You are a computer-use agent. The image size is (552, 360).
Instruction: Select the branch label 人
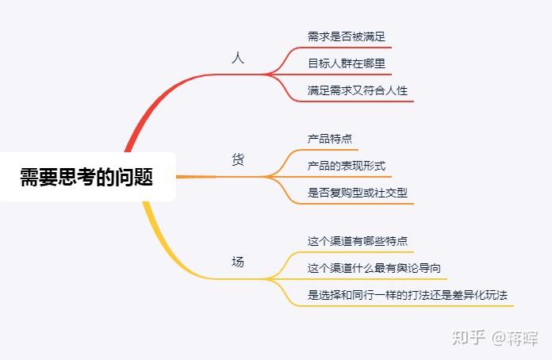[237, 59]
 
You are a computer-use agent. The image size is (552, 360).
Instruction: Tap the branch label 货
[237, 160]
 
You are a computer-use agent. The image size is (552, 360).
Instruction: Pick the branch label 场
[237, 262]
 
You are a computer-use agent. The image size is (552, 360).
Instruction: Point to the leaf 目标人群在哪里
[347, 63]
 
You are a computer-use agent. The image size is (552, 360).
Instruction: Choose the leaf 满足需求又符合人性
[358, 90]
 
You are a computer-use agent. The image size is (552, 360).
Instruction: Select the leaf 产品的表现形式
[347, 166]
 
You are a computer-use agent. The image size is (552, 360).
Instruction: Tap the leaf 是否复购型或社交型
[358, 193]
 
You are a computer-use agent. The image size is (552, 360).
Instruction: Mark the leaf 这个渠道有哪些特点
[358, 241]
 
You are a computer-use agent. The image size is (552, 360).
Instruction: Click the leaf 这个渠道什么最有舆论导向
[374, 268]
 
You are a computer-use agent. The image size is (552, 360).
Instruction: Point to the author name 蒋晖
[523, 338]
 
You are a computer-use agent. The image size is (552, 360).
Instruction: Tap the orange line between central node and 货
[194, 176]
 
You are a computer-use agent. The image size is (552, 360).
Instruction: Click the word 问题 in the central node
[137, 177]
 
